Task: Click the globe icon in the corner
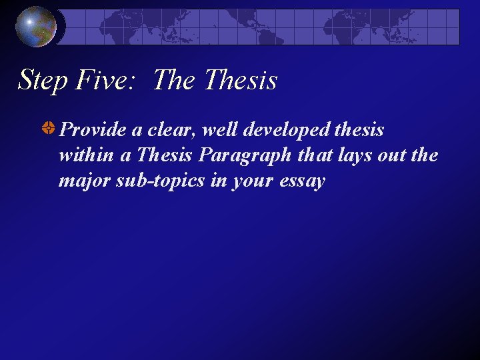point(36,26)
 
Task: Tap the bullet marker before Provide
point(48,129)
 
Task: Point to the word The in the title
point(174,81)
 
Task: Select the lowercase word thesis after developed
point(357,129)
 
